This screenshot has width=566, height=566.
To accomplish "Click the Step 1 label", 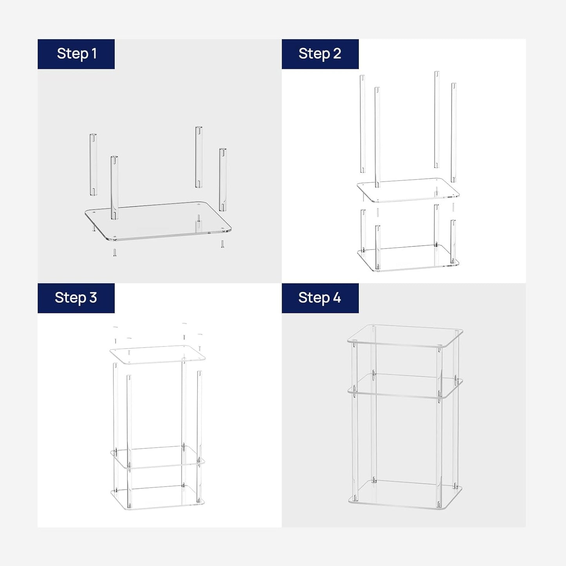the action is coord(76,54).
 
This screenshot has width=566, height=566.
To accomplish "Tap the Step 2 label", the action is coord(320,54).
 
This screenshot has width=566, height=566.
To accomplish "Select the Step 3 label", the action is coord(76,298).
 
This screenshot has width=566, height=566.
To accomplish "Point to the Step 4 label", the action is coord(320,298).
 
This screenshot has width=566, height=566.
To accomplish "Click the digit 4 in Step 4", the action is coord(337,298).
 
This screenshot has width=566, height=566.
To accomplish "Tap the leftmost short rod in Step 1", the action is coord(93,165).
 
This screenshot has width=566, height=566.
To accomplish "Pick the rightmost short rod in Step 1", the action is coord(223,180).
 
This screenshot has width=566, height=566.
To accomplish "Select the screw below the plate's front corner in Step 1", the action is coord(115,252).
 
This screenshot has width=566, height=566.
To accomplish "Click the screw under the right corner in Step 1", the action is coord(222,244).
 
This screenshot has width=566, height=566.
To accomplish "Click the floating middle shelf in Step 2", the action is coord(408,190).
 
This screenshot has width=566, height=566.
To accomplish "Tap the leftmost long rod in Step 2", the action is coord(363,124).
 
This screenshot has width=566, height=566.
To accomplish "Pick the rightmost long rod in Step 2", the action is coord(454,132).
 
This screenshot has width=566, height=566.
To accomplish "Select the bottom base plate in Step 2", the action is coord(408,258).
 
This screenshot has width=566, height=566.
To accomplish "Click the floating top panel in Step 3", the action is coord(158,355).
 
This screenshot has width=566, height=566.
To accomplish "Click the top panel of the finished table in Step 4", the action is coord(405,336).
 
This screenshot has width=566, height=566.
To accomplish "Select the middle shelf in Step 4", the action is coord(405,386).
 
